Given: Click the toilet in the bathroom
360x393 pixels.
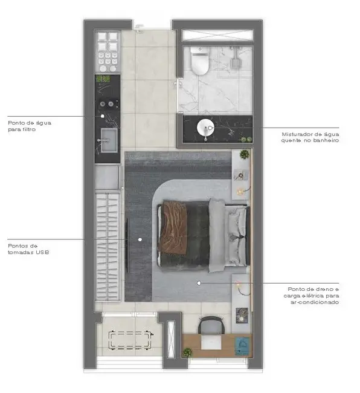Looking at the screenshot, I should (x=198, y=59).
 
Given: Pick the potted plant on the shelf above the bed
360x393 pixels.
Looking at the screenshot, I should (x=244, y=154).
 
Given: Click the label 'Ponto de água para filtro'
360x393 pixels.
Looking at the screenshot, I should (x=30, y=126).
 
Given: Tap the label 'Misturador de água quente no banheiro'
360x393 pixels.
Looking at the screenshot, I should (x=310, y=137).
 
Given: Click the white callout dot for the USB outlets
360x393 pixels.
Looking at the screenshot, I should (x=140, y=239).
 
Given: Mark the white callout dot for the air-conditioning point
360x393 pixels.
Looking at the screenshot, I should (x=200, y=282).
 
